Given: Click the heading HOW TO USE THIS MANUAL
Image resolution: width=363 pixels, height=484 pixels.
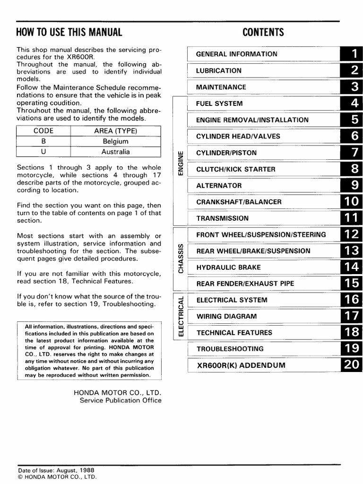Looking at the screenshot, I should pyautogui.click(x=69, y=33).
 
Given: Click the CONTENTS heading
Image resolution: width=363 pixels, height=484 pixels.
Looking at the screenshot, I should pyautogui.click(x=263, y=33).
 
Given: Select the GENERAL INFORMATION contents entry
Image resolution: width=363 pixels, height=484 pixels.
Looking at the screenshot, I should pyautogui.click(x=237, y=54).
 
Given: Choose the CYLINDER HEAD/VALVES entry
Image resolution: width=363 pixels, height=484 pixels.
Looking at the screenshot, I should pyautogui.click(x=238, y=137).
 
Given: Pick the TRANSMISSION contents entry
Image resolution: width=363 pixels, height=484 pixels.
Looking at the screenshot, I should pyautogui.click(x=222, y=218).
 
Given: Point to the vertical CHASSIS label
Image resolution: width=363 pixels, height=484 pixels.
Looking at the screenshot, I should pyautogui.click(x=180, y=259).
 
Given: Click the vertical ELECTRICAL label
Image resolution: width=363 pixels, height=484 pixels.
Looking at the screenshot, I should pyautogui.click(x=180, y=317).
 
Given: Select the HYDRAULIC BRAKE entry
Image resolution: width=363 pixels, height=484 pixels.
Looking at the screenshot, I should pyautogui.click(x=228, y=268).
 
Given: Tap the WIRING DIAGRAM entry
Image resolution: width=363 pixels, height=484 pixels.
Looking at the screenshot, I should pyautogui.click(x=226, y=316).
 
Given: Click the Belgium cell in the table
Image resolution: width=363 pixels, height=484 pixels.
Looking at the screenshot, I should pyautogui.click(x=115, y=141).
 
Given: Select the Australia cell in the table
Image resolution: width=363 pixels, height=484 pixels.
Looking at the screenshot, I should pyautogui.click(x=115, y=152).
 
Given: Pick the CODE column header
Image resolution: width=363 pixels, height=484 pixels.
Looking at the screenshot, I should pyautogui.click(x=43, y=131).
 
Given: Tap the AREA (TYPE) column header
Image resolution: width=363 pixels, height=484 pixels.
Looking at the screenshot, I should pyautogui.click(x=115, y=131).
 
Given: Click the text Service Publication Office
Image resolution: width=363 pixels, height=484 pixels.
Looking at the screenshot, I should pyautogui.click(x=120, y=400).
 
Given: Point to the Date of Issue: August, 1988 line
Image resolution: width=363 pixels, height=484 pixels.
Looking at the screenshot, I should pyautogui.click(x=56, y=470).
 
